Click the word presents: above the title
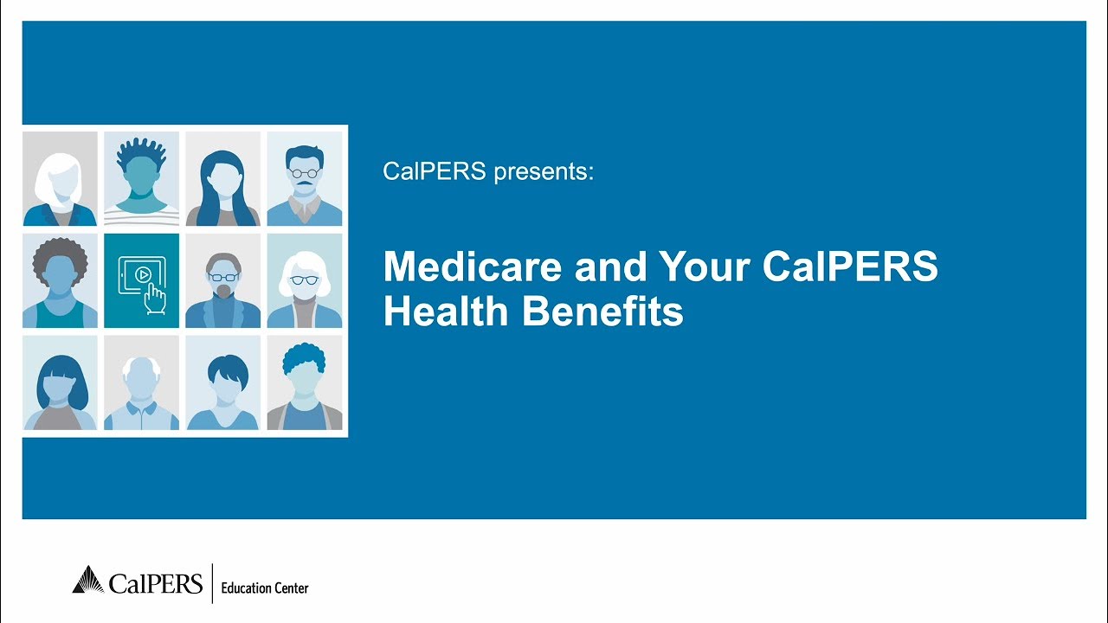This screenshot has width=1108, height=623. [544, 171]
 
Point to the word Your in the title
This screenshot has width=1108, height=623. [705, 267]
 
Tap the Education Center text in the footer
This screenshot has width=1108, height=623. [265, 588]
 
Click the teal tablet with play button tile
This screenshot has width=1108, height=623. [141, 280]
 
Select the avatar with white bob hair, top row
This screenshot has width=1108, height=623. [60, 179]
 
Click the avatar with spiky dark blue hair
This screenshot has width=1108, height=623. [141, 179]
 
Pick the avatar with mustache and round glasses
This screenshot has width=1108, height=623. [304, 179]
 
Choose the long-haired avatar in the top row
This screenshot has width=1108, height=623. [222, 179]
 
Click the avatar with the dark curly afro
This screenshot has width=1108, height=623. [60, 280]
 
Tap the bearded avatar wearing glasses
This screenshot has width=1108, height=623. [222, 280]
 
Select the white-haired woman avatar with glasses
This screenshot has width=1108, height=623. [304, 280]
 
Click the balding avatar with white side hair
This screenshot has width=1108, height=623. [141, 382]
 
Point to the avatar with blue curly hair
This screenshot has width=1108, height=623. [304, 382]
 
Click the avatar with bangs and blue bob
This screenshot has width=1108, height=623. [60, 382]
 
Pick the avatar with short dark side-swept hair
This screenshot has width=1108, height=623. [222, 382]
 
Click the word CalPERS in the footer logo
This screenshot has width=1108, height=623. [156, 582]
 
